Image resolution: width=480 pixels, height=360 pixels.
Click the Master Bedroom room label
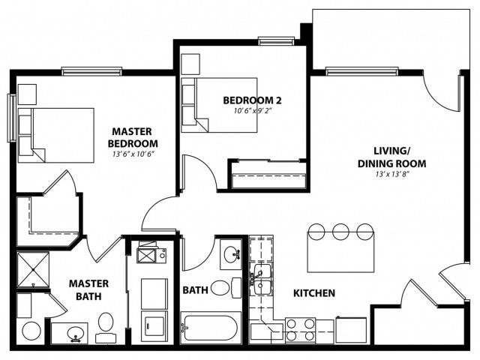[133, 137]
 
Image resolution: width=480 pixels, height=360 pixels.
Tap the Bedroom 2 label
[252, 100]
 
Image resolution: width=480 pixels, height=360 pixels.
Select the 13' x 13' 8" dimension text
[392, 175]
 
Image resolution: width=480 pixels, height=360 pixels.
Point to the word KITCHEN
[314, 293]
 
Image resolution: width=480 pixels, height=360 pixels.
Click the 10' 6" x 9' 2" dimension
[253, 111]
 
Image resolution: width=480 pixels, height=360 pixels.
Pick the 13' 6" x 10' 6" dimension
[133, 154]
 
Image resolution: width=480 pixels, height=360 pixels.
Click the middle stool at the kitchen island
[340, 232]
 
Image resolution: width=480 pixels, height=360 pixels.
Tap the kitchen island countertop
[340, 252]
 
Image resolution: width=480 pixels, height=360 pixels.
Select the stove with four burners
[300, 330]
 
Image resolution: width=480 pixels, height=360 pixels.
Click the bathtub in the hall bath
[211, 328]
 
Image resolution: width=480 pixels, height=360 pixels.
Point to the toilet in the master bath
[106, 327]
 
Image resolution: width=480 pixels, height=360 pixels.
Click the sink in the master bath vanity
[75, 333]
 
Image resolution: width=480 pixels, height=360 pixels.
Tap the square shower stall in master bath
[33, 270]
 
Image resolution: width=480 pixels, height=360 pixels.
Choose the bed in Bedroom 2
[219, 105]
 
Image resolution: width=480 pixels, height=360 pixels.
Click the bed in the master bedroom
[55, 135]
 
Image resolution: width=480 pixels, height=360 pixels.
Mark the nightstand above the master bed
[27, 94]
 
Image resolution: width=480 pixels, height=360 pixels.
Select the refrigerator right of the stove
[351, 330]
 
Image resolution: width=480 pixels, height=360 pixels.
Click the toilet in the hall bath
[226, 288]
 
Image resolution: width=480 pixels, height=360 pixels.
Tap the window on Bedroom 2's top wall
[276, 41]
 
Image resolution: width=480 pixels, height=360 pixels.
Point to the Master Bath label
[88, 290]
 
